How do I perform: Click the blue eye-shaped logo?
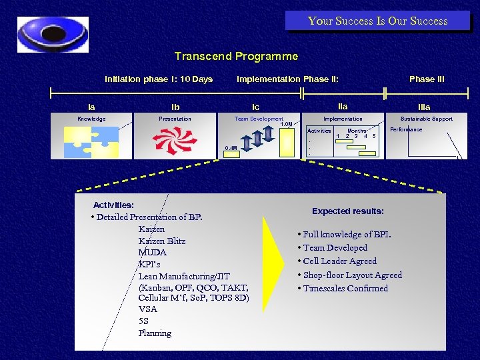[x=53, y=35]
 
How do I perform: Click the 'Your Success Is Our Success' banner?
[x=377, y=21]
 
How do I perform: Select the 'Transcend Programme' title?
[x=236, y=57]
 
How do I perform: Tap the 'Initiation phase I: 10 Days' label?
[x=159, y=79]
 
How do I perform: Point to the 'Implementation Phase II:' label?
[x=287, y=79]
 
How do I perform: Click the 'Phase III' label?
[x=427, y=79]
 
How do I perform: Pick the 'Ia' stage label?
[x=91, y=107]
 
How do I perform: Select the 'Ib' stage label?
[x=175, y=107]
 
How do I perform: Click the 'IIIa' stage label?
[x=424, y=107]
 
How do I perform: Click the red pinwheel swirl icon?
[x=175, y=141]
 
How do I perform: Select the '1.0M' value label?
[x=286, y=125]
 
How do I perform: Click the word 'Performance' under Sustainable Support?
[x=406, y=129]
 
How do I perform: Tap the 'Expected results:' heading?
[x=348, y=211]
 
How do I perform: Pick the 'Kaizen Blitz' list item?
[x=162, y=241]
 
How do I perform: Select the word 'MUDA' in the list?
[x=153, y=253]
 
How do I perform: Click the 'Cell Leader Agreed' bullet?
[x=339, y=261]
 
